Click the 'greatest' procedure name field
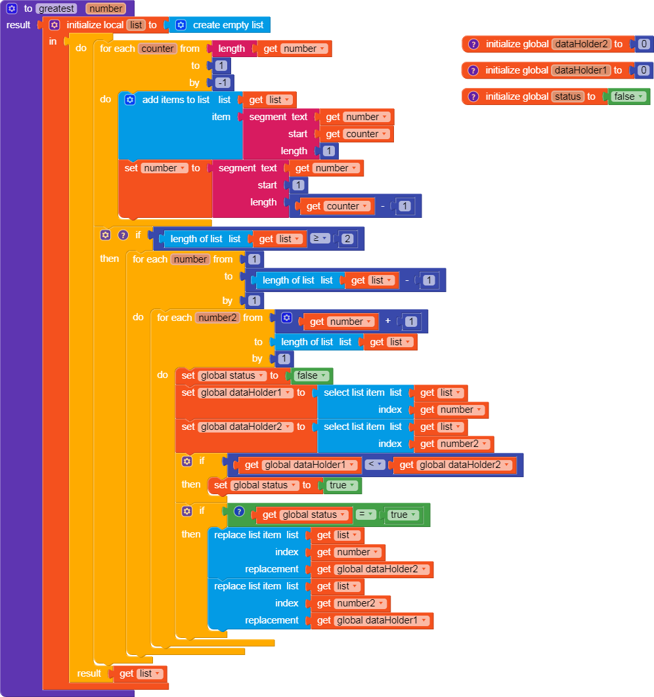[x=56, y=9]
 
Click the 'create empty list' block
[x=227, y=25]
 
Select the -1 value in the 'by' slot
[x=221, y=83]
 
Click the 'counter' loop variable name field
[x=158, y=49]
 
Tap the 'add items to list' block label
[x=175, y=100]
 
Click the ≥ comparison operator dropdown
[x=319, y=239]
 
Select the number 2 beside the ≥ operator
[x=347, y=239]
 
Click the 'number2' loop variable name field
[x=217, y=318]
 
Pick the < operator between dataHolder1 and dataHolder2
[x=374, y=465]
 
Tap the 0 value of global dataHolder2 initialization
[x=643, y=44]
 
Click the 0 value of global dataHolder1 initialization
[x=643, y=70]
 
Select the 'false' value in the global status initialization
[x=628, y=96]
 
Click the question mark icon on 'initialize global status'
[x=473, y=96]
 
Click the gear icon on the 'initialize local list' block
[x=54, y=25]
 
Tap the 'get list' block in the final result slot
[x=140, y=673]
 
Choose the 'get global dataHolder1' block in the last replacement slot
[x=372, y=620]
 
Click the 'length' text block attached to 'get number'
[x=231, y=49]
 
